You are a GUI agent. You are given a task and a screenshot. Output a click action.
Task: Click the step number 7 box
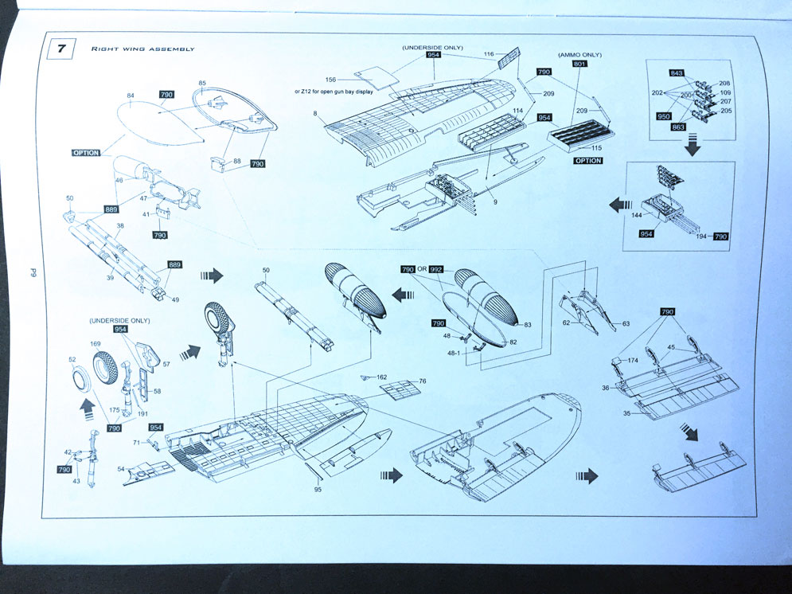pyautogui.click(x=61, y=49)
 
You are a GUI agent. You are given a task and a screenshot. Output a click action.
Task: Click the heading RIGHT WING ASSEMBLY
pyautogui.click(x=143, y=49)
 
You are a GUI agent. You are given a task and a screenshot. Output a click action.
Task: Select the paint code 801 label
pyautogui.click(x=579, y=65)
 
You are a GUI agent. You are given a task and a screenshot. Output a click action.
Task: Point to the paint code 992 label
pyautogui.click(x=436, y=270)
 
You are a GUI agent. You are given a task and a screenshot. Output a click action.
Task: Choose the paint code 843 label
pyautogui.click(x=677, y=73)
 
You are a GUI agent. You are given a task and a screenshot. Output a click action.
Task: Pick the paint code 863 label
pyautogui.click(x=678, y=127)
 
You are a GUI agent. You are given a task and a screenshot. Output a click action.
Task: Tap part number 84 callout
pyautogui.click(x=131, y=96)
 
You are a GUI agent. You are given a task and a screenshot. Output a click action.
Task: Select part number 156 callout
pyautogui.click(x=331, y=80)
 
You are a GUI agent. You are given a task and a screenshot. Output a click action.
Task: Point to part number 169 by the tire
pyautogui.click(x=96, y=345)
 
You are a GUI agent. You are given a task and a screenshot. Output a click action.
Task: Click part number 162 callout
pyautogui.click(x=382, y=377)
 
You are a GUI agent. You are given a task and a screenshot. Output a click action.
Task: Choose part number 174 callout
pyautogui.click(x=633, y=361)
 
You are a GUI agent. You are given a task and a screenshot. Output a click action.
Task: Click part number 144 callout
pyautogui.click(x=637, y=216)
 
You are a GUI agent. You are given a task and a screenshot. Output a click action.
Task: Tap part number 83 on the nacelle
pyautogui.click(x=527, y=325)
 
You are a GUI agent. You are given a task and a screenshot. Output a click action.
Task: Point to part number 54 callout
pyautogui.click(x=121, y=470)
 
